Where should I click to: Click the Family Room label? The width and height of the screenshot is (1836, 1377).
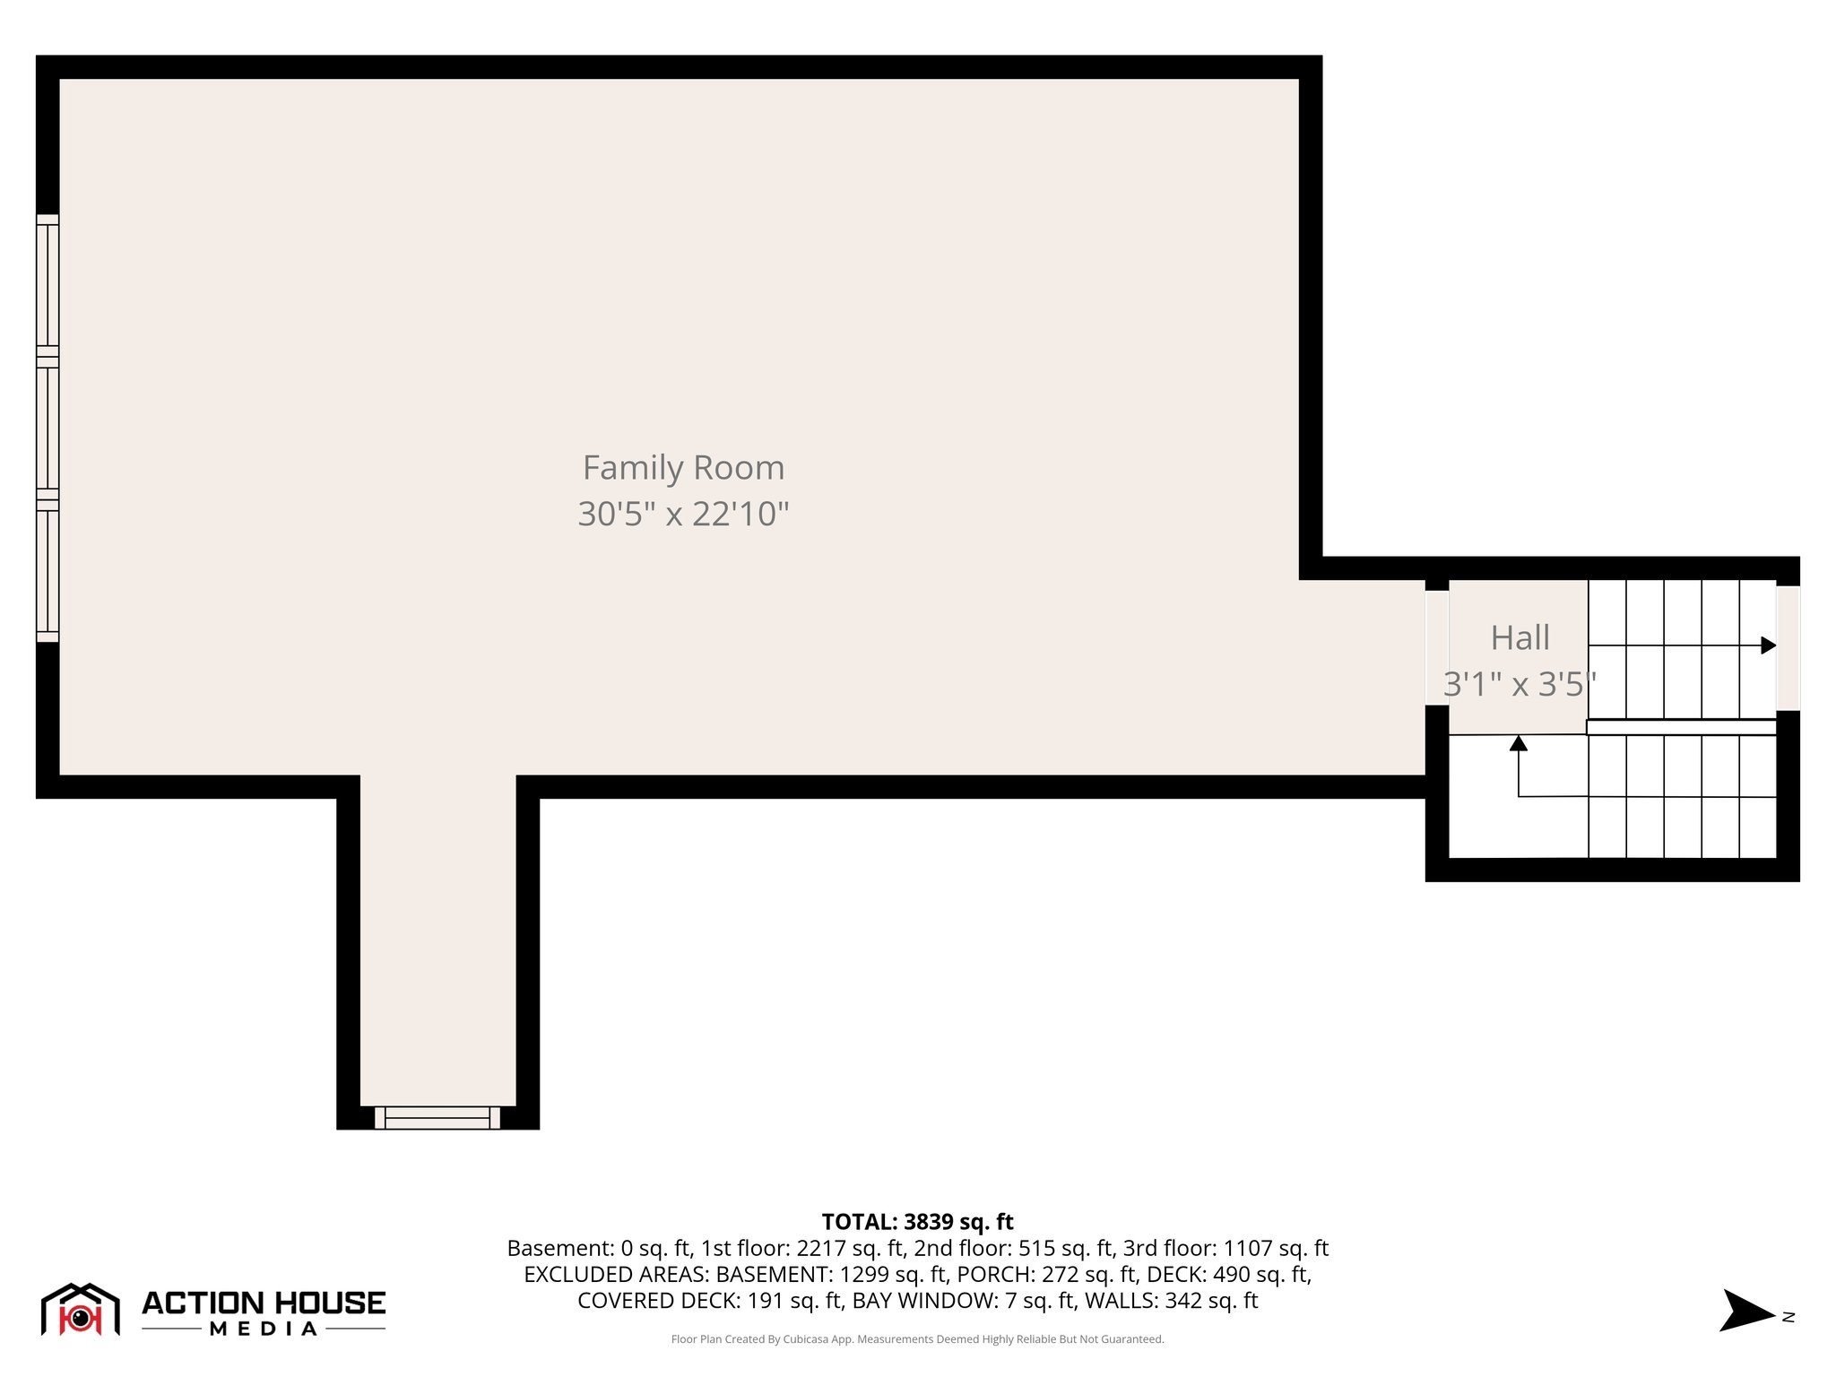click(x=683, y=468)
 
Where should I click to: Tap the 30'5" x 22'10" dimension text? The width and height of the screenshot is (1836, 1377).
click(x=683, y=515)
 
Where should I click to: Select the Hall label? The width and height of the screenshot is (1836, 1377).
click(x=1520, y=638)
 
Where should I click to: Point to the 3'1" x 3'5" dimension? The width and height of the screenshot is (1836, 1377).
click(x=1520, y=685)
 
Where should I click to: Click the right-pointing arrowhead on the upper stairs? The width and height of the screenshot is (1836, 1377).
click(x=1768, y=645)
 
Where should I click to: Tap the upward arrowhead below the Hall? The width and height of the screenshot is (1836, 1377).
click(x=1519, y=743)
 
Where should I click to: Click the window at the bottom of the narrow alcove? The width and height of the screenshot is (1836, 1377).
click(x=437, y=1117)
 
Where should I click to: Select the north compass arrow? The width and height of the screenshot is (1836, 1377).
click(x=1745, y=1312)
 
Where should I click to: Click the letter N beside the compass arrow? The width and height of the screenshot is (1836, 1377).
click(x=1788, y=1317)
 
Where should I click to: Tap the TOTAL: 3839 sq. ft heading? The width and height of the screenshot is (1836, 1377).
click(x=917, y=1222)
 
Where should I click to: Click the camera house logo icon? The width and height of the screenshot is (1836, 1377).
click(x=81, y=1310)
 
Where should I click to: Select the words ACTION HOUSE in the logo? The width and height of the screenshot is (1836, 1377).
click(x=264, y=1303)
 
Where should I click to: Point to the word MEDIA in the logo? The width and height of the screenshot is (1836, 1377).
click(x=264, y=1329)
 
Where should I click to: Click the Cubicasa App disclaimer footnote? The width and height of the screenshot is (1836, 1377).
click(x=917, y=1339)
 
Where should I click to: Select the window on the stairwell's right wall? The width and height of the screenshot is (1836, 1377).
click(x=1788, y=647)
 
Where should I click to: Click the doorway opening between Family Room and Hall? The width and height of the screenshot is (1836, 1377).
click(x=1436, y=647)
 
